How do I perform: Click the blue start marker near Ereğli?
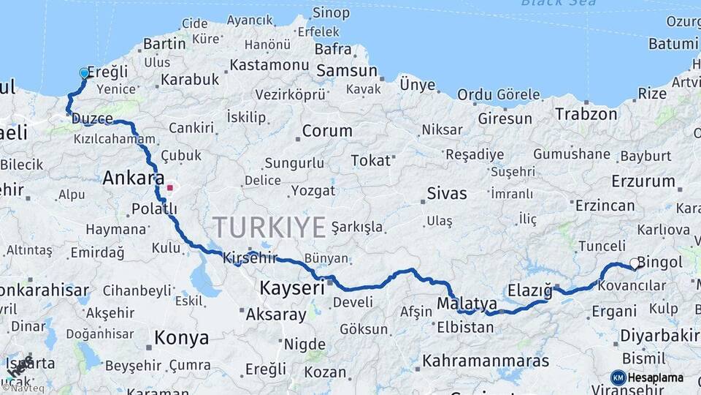point(84,73)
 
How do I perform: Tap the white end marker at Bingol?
point(635,264)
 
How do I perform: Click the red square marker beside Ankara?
point(170,187)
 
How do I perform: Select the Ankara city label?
point(133,178)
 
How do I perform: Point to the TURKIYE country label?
point(269,227)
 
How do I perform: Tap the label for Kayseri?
point(291,288)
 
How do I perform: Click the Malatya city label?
point(467,303)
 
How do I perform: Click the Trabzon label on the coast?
point(586,114)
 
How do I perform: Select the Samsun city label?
point(346,72)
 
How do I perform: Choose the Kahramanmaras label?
point(485,361)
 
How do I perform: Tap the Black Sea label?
point(558,3)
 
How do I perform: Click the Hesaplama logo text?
point(655,378)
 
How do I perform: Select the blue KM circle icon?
point(618,377)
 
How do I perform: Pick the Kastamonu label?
point(269,64)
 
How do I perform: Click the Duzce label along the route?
point(93,118)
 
